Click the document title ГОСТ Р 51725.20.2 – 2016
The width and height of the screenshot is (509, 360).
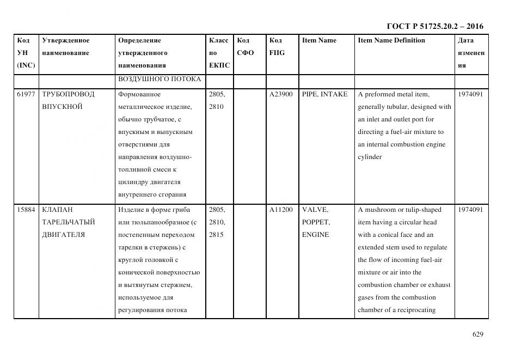pos(434,26)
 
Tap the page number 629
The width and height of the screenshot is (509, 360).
pos(477,334)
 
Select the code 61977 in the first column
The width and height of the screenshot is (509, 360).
pos(26,94)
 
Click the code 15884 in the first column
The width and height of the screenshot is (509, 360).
pos(26,210)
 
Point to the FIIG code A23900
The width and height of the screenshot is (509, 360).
pos(281,94)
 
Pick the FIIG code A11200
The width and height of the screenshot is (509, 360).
pos(281,210)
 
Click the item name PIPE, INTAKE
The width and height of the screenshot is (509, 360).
pos(324,94)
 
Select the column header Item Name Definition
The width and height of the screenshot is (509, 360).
pos(391,40)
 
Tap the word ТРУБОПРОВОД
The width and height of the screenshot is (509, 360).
pos(68,94)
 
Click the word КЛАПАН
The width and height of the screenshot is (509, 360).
pos(57,210)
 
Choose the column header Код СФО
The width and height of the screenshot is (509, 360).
pos(246,46)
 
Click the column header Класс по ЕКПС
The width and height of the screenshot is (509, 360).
pos(219,53)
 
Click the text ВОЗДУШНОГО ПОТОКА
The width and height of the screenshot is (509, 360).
pos(160,80)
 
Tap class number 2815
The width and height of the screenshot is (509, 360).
pos(217,235)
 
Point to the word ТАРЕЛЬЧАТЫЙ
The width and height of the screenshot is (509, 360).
pos(69,222)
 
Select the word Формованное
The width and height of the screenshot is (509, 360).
pos(139,94)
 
